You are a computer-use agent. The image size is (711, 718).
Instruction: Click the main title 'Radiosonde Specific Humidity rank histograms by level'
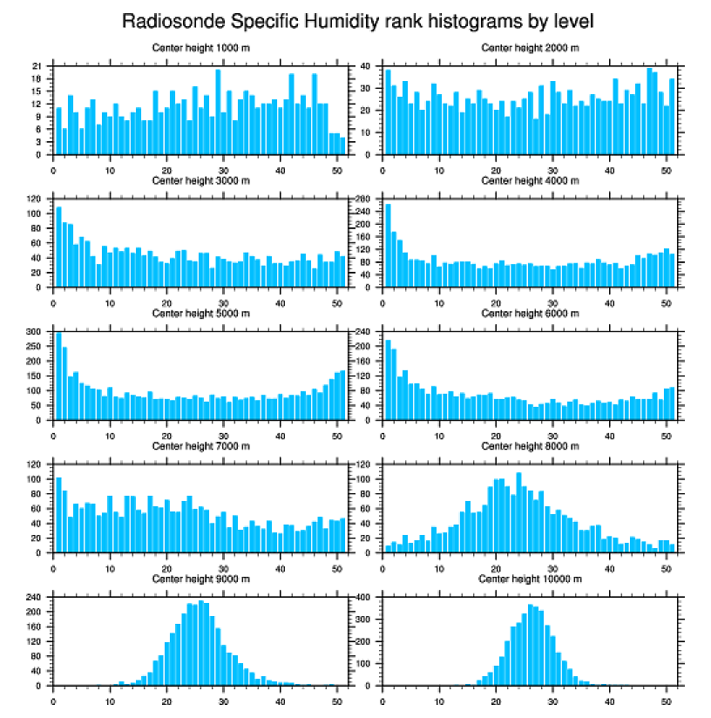tap(357, 20)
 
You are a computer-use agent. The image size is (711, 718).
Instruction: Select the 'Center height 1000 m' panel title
tap(201, 47)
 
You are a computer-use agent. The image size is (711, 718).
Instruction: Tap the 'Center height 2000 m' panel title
tap(530, 47)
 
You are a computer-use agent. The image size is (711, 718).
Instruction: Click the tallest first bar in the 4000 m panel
tap(388, 245)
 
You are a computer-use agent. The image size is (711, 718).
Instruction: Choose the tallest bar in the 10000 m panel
tap(530, 645)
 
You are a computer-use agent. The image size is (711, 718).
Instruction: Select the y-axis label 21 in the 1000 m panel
tap(37, 66)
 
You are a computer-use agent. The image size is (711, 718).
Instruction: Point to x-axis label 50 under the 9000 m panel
tap(336, 700)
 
